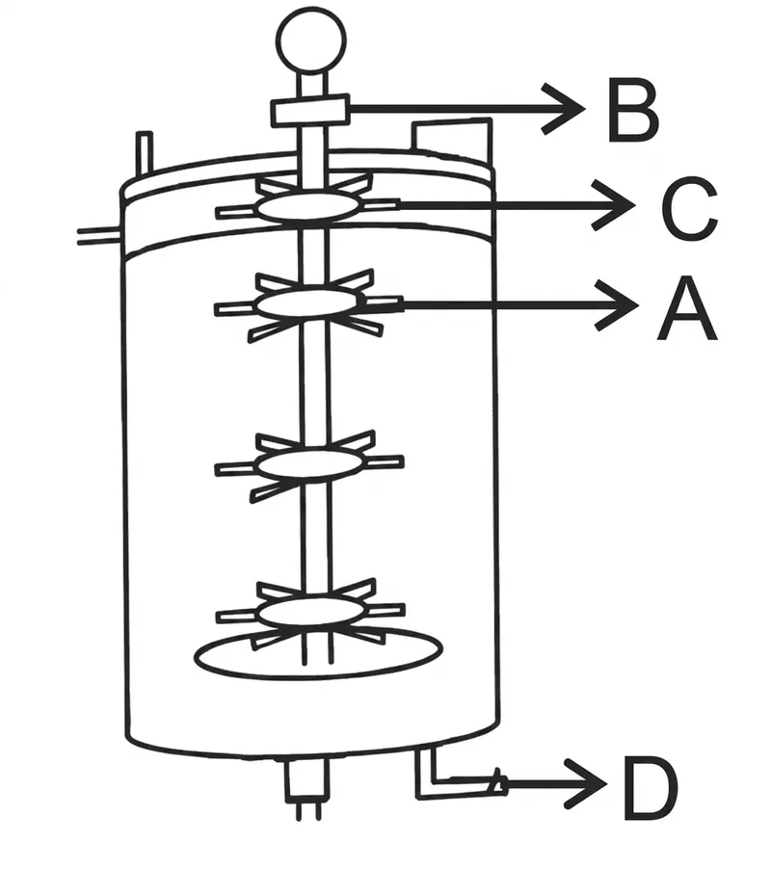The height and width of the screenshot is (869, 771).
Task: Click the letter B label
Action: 632,110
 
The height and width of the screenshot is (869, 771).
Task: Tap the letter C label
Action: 689,209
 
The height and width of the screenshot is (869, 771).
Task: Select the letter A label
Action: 687,308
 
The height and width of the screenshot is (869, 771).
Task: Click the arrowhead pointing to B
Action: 563,109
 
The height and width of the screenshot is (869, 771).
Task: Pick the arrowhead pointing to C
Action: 614,205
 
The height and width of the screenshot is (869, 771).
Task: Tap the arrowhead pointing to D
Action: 586,783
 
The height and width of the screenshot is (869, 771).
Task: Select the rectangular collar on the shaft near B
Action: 309,110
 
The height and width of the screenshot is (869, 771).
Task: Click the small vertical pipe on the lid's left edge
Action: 145,153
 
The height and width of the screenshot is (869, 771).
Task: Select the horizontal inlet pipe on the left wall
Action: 98,236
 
